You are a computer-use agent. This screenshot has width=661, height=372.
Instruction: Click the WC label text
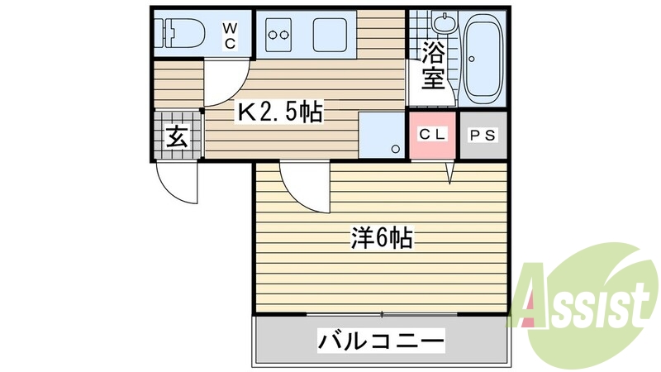click(231, 36)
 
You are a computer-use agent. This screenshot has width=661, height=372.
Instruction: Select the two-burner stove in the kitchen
click(278, 35)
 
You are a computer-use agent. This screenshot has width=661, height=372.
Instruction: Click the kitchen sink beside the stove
click(327, 35)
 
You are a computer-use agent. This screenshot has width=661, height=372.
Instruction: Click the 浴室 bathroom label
click(433, 67)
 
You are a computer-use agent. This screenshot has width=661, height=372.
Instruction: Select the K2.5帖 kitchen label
click(280, 112)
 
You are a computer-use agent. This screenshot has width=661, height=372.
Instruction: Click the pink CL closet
click(432, 135)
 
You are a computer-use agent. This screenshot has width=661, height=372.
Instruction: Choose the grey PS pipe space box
click(483, 135)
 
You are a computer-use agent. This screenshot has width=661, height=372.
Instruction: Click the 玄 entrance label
click(176, 136)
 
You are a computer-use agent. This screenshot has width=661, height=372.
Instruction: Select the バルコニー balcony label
click(381, 339)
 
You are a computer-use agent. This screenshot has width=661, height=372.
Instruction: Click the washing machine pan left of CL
click(383, 135)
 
